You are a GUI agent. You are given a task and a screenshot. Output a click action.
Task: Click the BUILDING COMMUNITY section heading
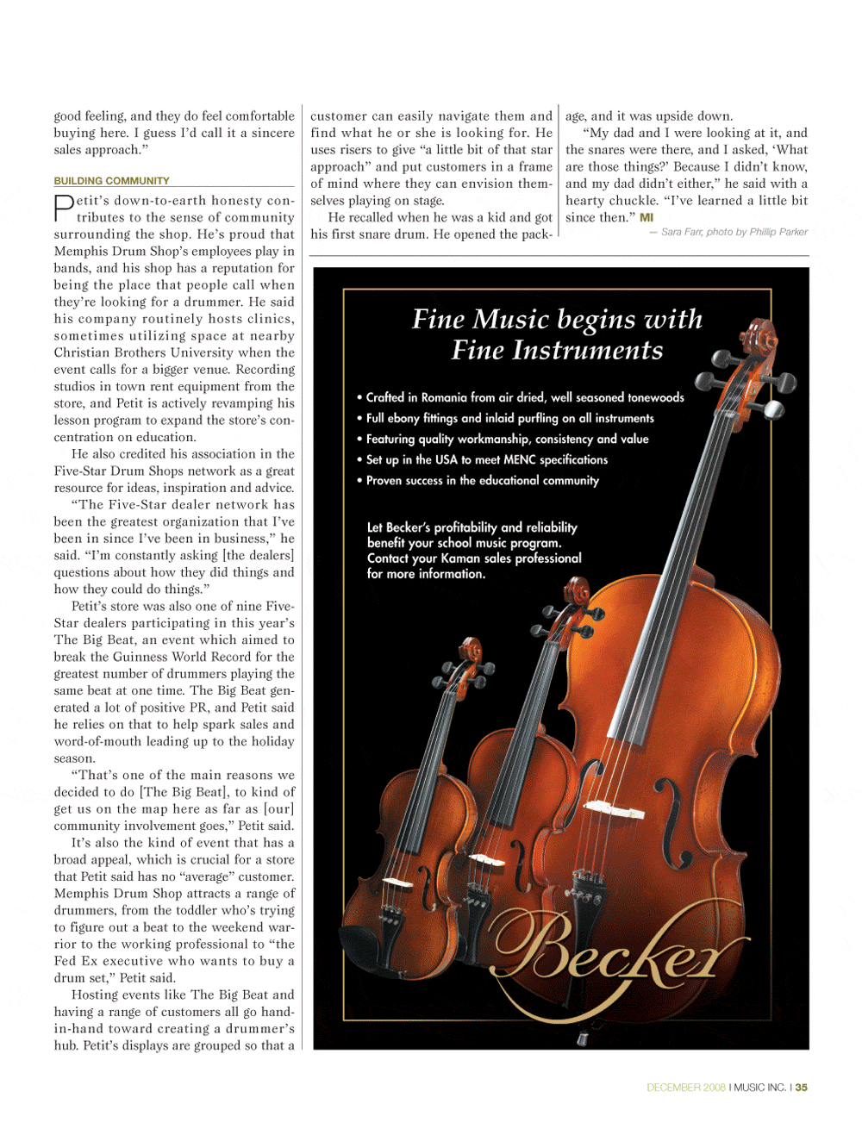[111, 181]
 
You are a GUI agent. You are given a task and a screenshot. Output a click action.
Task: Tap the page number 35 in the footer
[802, 1088]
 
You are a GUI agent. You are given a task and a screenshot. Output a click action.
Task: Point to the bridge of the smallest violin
[397, 882]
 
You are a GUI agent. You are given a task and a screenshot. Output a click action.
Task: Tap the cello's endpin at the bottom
[584, 1037]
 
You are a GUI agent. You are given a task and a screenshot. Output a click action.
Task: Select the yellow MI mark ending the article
[646, 218]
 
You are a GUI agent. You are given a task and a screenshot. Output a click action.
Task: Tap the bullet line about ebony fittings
[509, 418]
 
